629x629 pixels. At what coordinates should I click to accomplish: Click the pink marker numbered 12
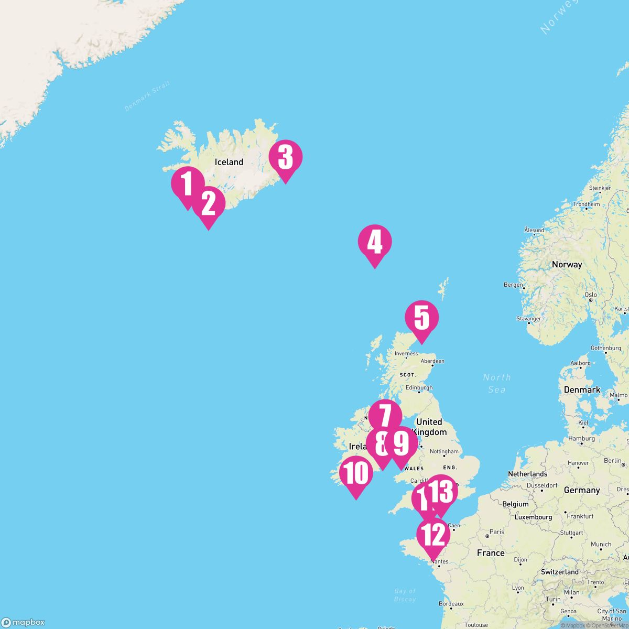click(x=433, y=535)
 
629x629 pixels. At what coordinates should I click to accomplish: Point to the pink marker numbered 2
click(x=208, y=203)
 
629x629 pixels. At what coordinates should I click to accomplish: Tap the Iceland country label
click(x=229, y=162)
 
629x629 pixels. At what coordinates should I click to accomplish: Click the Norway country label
click(x=567, y=265)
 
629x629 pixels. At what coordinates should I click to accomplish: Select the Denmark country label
click(x=582, y=390)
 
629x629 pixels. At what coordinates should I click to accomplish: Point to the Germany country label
click(x=582, y=490)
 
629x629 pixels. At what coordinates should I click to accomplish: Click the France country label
click(x=491, y=553)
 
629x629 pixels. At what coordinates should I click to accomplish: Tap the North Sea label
click(x=496, y=383)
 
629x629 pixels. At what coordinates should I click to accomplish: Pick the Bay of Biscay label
click(x=405, y=595)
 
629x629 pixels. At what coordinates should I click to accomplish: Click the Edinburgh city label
click(x=419, y=388)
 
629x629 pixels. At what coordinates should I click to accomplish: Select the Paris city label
click(x=496, y=532)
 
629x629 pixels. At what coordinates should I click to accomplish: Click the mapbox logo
click(x=23, y=622)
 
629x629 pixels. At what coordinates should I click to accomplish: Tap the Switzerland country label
click(x=560, y=572)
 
